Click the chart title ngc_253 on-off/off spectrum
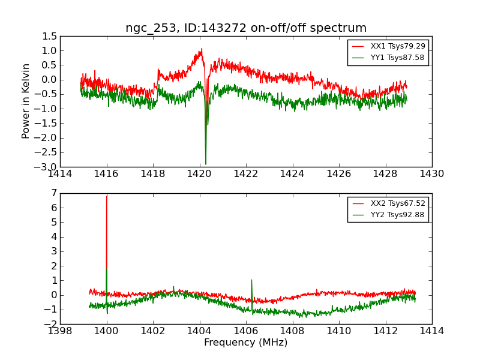coord(246,28)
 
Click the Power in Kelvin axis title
coord(26,101)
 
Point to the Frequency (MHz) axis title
coord(246,343)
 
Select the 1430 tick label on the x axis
coord(431,174)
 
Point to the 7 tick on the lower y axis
coord(54,193)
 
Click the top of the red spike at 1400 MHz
coord(107,196)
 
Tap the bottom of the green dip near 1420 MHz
coord(206,164)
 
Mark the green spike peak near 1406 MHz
coord(251,280)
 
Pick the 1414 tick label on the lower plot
coord(431,331)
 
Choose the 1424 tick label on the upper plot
coord(292,174)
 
